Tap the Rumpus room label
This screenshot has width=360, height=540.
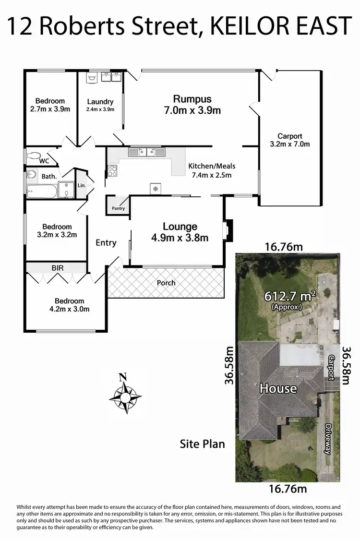[192, 99]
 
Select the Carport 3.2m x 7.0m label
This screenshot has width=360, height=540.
[290, 140]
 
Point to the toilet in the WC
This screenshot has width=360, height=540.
[34, 156]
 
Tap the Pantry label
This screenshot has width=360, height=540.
[118, 208]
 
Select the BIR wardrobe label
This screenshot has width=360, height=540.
[57, 268]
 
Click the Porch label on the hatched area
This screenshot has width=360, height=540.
[166, 283]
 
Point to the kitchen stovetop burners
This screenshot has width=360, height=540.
[112, 169]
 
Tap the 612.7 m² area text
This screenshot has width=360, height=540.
[290, 297]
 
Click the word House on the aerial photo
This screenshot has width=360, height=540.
[278, 388]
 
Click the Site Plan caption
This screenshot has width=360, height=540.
[202, 444]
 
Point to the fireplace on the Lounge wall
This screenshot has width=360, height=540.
[228, 229]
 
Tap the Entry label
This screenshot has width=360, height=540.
[106, 242]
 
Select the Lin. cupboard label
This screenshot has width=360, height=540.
[81, 185]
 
